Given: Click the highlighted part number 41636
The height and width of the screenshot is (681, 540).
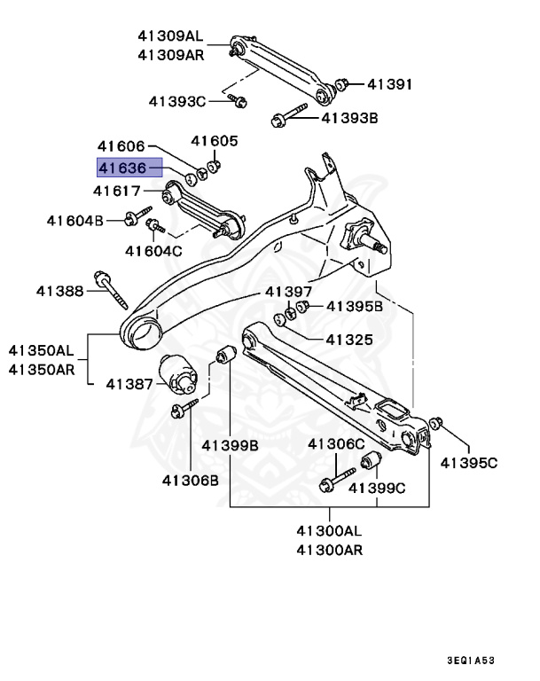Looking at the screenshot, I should (x=129, y=168).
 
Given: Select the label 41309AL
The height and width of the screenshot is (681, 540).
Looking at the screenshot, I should (x=170, y=36).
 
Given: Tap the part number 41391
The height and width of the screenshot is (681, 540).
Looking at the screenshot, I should (x=389, y=85).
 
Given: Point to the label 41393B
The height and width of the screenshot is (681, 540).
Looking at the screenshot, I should (x=349, y=116).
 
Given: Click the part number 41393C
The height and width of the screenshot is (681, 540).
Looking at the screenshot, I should (x=177, y=101).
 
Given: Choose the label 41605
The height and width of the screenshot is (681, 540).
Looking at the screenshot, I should (x=215, y=140).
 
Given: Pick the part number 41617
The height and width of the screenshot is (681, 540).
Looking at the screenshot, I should (x=123, y=191).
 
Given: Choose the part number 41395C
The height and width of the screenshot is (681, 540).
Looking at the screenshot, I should (x=470, y=462).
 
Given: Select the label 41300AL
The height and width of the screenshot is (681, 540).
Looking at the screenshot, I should (x=330, y=531).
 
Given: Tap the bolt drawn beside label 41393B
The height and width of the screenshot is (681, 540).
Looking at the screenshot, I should (x=289, y=116).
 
